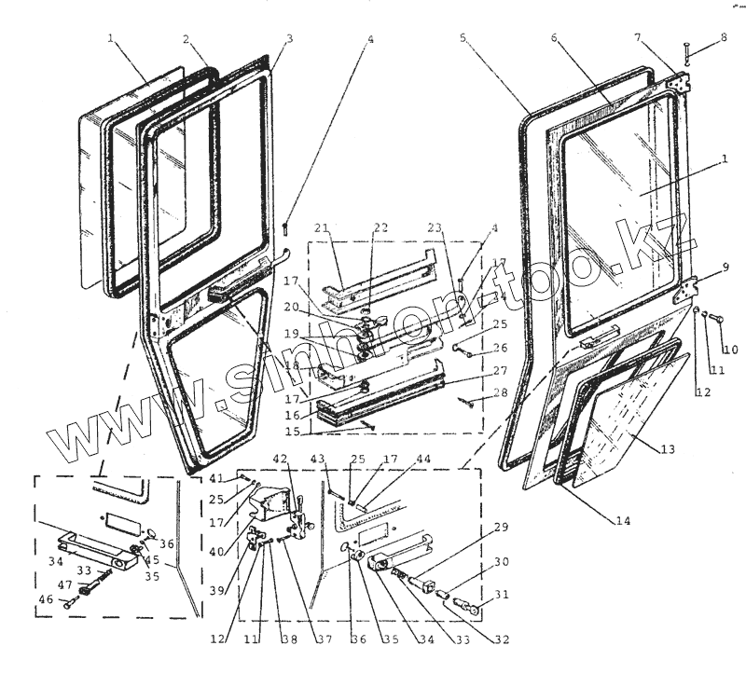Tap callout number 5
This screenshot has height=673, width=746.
(x=463, y=38)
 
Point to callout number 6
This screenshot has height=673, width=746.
(x=554, y=38)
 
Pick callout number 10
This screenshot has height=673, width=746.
(x=730, y=350)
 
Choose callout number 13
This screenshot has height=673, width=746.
(x=668, y=450)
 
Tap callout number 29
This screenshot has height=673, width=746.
(x=501, y=529)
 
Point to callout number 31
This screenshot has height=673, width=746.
(x=501, y=595)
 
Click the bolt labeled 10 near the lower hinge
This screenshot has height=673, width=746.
(x=717, y=320)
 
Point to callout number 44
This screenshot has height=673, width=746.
(x=424, y=460)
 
